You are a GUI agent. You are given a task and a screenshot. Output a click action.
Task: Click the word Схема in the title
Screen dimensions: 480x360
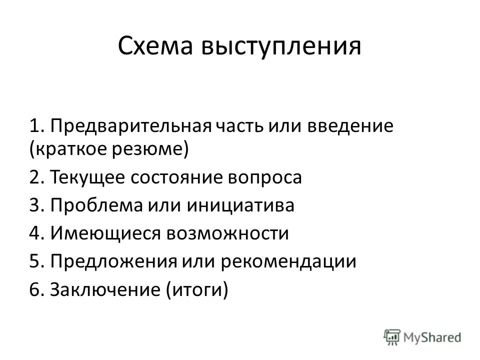[x=155, y=46]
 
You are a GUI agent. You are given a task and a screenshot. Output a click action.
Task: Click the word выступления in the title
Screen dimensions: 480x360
[x=281, y=47]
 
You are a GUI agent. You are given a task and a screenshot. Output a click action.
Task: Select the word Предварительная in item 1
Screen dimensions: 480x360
[x=131, y=126]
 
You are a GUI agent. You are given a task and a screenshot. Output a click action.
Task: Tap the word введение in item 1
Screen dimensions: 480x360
[x=350, y=126]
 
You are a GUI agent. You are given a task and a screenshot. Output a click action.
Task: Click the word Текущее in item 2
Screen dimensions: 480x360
[x=87, y=177]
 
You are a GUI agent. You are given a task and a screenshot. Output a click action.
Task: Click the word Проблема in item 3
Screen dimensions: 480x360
[x=96, y=205]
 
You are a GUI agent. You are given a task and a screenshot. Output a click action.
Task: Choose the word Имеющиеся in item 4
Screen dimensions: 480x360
[x=105, y=234]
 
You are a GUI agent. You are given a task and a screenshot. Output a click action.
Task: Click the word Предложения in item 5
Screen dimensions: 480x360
[x=113, y=262]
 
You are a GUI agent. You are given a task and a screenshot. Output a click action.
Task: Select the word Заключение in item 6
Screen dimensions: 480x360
[x=105, y=289]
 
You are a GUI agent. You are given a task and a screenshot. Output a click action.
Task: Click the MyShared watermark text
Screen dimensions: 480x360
[x=432, y=337]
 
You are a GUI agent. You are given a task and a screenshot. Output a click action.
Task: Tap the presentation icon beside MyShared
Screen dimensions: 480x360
[x=392, y=337]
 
